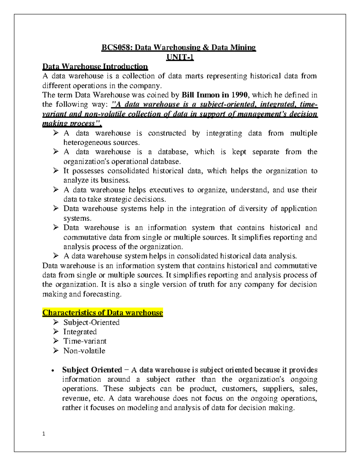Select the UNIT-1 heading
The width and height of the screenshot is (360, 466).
coord(180,57)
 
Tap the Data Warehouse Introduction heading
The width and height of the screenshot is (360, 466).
coord(95,66)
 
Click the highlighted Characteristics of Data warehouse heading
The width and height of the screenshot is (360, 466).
coord(103,313)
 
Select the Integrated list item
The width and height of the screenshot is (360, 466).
coord(80,332)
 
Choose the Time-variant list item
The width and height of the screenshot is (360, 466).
coord(85,341)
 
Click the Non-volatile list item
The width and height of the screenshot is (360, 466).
coord(84,351)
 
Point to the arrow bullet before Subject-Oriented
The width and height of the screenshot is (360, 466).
coord(56,322)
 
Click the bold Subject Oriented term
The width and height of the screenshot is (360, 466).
coord(92,370)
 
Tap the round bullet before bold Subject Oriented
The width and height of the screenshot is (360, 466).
coord(53,371)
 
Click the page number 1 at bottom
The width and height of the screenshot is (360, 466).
coord(44,434)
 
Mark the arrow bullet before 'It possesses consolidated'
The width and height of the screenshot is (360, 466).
coord(56,171)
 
